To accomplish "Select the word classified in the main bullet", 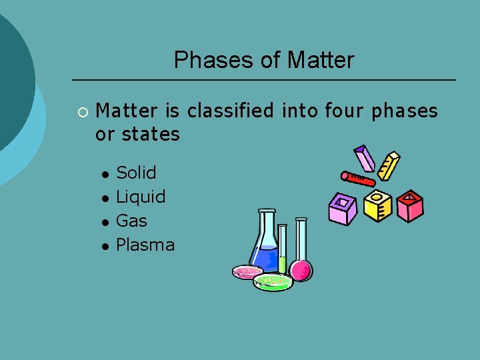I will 231,111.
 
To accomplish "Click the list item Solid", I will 136,173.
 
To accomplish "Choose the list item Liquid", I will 141,197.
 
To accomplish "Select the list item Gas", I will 131,221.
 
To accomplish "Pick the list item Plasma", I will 145,245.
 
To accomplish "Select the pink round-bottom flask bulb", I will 301,270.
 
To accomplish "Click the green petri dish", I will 273,282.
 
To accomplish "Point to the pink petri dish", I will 247,271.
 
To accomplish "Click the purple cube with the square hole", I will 343,209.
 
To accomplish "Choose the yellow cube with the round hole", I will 377,206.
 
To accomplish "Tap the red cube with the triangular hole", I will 410,206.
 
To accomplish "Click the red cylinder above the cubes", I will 357,178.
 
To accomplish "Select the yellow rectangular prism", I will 389,166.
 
